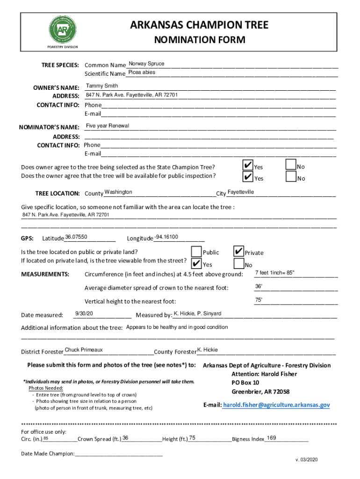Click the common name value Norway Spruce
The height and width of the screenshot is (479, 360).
146,64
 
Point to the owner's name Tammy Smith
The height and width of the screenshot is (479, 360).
102,86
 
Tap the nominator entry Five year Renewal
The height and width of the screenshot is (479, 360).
107,126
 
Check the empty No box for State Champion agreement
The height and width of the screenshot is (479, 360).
290,165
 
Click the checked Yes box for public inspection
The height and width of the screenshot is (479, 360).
247,176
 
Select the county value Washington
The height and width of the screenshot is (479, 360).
118,192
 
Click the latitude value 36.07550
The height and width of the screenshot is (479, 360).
76,237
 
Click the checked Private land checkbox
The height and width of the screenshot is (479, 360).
238,251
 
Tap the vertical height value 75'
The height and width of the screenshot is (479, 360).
259,300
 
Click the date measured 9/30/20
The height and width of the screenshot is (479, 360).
84,313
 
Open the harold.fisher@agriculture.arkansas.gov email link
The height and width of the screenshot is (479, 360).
276,405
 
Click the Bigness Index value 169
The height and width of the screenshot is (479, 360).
271,438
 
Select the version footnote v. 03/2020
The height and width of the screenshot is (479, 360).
306,460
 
